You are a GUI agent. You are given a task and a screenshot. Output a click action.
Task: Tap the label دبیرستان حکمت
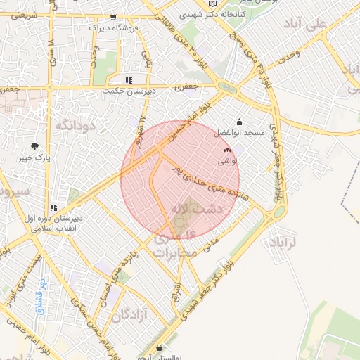click(x=122, y=91)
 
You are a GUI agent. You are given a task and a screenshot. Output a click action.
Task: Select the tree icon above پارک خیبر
click(x=34, y=146)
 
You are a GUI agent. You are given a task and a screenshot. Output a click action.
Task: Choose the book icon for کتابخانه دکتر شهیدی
click(x=213, y=4)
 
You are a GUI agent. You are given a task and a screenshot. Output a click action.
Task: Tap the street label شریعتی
click(x=19, y=14)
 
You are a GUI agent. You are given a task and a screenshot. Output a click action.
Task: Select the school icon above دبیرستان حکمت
click(x=129, y=80)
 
